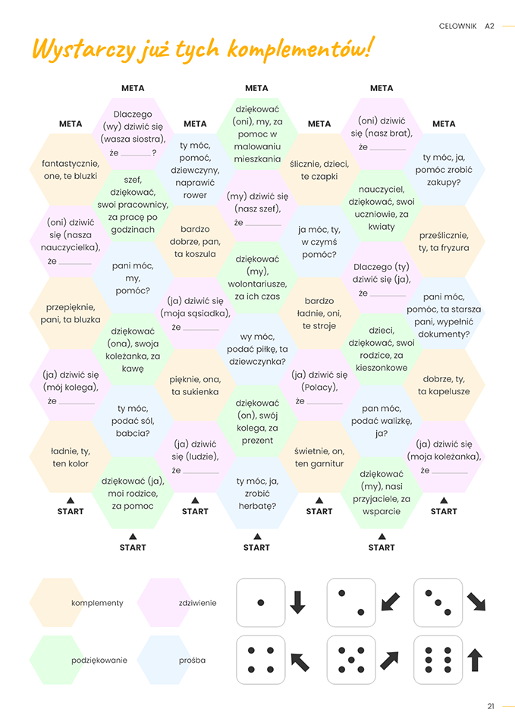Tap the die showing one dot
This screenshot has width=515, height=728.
(261, 603)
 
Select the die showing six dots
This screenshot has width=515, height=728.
(438, 660)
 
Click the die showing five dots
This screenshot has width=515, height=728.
(350, 660)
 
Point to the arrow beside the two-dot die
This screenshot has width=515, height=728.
(390, 602)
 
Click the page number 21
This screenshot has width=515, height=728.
(491, 706)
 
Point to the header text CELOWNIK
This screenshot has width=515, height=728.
(457, 26)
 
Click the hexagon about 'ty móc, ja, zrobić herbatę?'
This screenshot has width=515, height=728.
(257, 493)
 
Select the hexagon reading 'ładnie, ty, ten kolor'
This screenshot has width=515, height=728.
(71, 457)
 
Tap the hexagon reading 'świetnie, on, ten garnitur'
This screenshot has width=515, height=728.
(319, 457)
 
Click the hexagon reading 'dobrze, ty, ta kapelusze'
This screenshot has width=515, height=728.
(444, 385)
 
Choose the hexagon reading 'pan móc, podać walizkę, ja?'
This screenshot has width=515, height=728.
(382, 421)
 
